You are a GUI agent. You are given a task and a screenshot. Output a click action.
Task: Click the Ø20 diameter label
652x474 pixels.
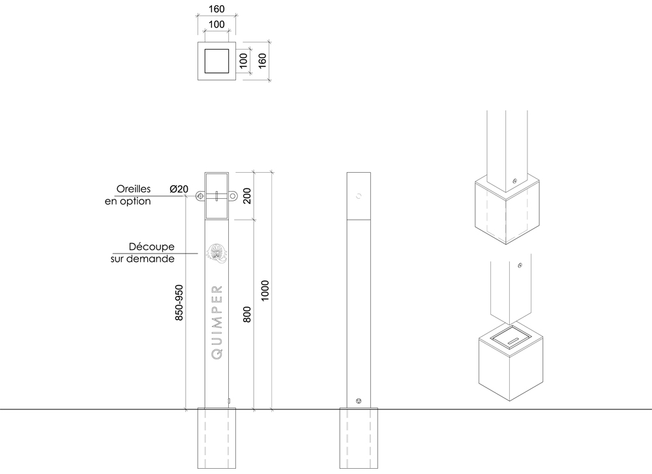179,189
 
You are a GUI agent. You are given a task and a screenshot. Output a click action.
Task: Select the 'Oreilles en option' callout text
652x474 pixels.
129,195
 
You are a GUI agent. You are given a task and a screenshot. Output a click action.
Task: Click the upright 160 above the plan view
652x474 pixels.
216,10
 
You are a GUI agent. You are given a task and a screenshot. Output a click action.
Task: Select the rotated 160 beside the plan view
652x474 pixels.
262,60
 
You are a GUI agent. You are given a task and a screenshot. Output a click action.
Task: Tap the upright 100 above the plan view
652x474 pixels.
216,25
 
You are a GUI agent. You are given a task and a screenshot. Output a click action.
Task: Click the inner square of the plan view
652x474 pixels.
216,61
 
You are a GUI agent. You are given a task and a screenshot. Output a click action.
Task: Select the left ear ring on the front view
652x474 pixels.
198,195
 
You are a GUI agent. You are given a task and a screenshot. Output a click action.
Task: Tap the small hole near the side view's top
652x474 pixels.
358,195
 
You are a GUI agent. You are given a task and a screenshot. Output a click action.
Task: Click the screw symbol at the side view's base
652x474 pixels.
359,400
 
